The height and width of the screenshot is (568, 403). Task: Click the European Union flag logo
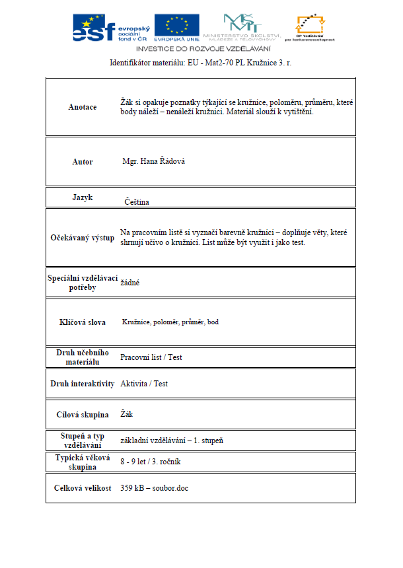(176, 27)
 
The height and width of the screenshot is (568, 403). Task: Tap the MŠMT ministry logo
(242, 26)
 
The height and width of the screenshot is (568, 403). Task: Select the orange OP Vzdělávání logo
(310, 26)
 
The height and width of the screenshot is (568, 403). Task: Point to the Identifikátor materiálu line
(201, 63)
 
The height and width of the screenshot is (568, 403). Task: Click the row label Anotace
(83, 107)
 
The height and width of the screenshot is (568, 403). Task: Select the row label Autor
(83, 162)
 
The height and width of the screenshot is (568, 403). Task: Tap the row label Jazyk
(83, 197)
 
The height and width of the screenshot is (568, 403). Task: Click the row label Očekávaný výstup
(83, 238)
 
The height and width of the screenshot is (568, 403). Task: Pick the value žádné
(129, 282)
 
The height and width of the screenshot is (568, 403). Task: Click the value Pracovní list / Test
(151, 357)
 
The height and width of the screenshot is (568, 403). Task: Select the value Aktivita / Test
(144, 384)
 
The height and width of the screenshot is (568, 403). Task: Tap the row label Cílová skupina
(83, 415)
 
